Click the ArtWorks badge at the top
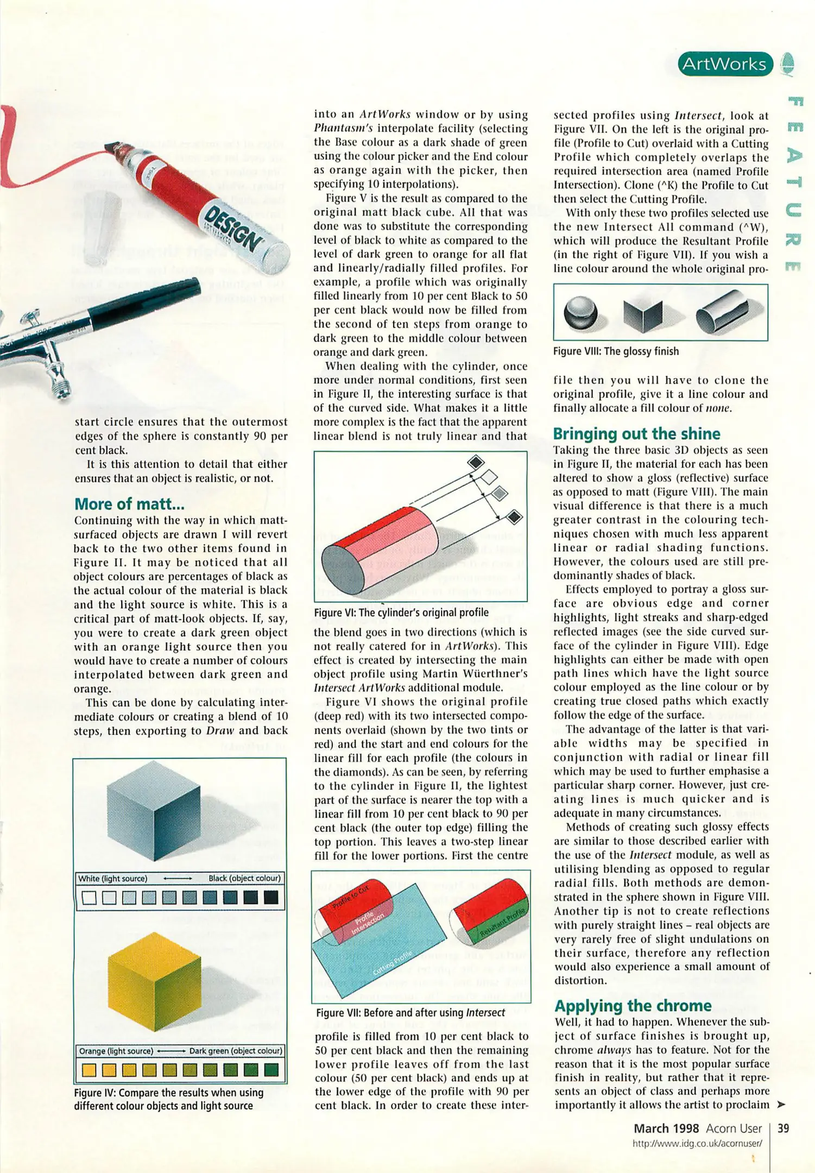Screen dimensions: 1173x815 [x=724, y=64]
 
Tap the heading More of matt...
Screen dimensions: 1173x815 [x=129, y=504]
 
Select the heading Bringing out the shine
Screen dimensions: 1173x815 [x=636, y=433]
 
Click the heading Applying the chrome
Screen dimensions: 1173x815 [x=633, y=1006]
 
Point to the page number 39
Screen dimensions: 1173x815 [x=783, y=1128]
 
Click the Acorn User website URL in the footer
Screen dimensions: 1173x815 [x=697, y=1143]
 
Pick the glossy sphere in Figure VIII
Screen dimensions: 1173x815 [x=580, y=313]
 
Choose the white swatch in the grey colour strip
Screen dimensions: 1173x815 [x=90, y=898]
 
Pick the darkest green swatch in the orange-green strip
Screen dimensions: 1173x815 [x=271, y=1070]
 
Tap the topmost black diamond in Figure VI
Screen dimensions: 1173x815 [x=476, y=462]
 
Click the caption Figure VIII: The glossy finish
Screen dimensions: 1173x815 [x=616, y=351]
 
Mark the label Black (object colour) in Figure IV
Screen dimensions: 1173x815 [x=244, y=878]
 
